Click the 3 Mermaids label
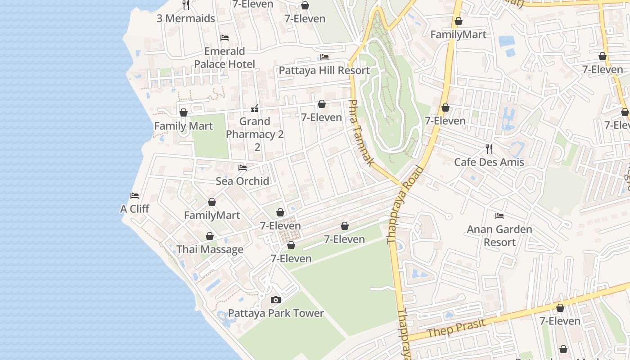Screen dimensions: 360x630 (x=186, y=18)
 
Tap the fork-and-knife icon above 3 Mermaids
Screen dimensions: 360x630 (x=186, y=5)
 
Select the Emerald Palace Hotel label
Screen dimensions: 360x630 (x=225, y=58)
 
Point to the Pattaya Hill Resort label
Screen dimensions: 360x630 (x=324, y=71)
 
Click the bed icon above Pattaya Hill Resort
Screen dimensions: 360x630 (x=324, y=57)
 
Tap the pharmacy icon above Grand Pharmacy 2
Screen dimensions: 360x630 (x=255, y=108)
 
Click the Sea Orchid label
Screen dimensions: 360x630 (x=243, y=181)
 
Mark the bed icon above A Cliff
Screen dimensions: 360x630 (x=135, y=196)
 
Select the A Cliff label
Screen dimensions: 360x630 (x=135, y=209)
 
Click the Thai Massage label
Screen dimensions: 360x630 (x=210, y=249)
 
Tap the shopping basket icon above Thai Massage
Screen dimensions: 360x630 (x=210, y=236)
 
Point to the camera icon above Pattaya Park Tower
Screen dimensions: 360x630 (x=276, y=300)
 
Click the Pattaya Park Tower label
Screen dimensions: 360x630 (x=276, y=313)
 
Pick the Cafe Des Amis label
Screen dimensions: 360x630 (x=489, y=162)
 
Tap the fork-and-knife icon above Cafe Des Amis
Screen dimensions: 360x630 (x=489, y=149)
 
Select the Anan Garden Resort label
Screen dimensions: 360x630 (x=499, y=235)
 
